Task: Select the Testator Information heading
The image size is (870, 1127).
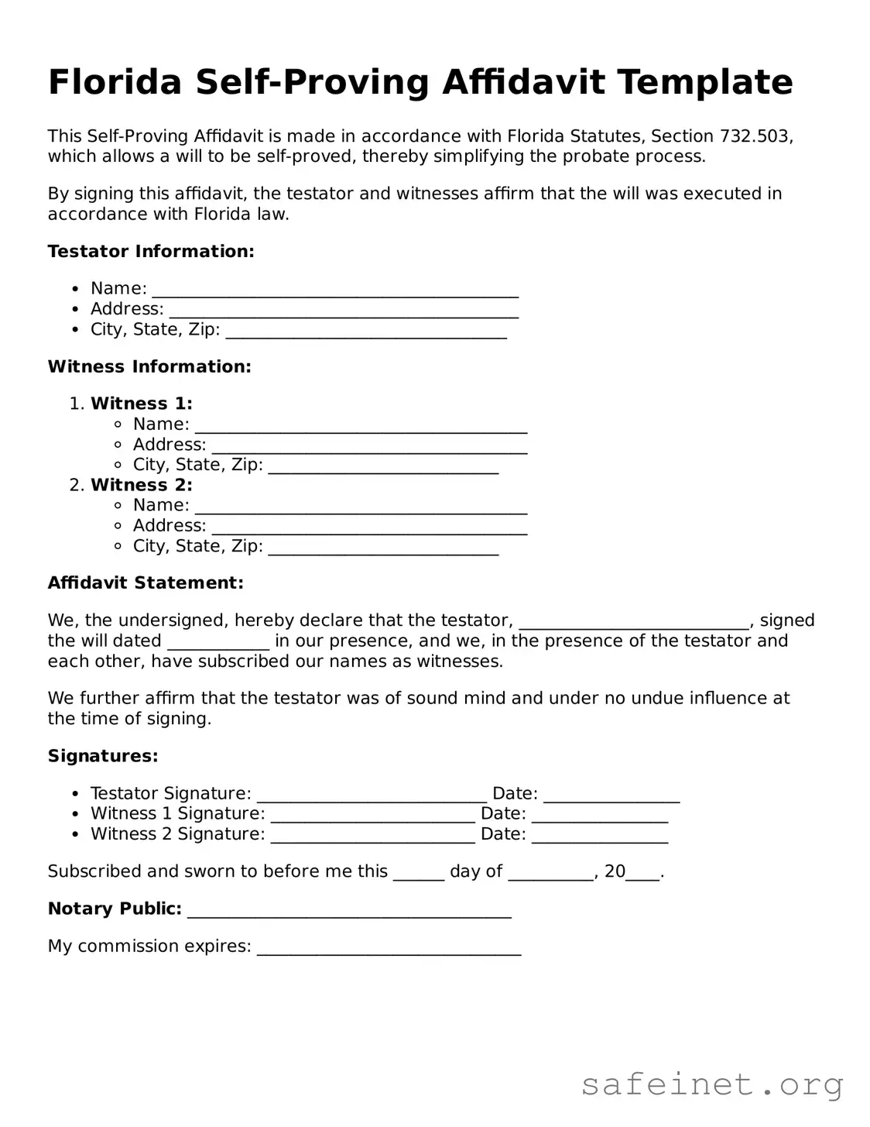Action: pyautogui.click(x=151, y=251)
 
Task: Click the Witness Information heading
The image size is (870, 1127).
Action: pyautogui.click(x=149, y=366)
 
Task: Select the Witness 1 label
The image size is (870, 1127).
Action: pyautogui.click(x=142, y=404)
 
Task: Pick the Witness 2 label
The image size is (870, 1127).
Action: pyautogui.click(x=142, y=485)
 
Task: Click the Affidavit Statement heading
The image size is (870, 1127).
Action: pyautogui.click(x=146, y=582)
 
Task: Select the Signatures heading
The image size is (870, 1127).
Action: pyautogui.click(x=103, y=756)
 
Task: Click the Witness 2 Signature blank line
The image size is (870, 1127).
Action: pyautogui.click(x=373, y=837)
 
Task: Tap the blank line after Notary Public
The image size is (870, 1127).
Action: pyautogui.click(x=349, y=912)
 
